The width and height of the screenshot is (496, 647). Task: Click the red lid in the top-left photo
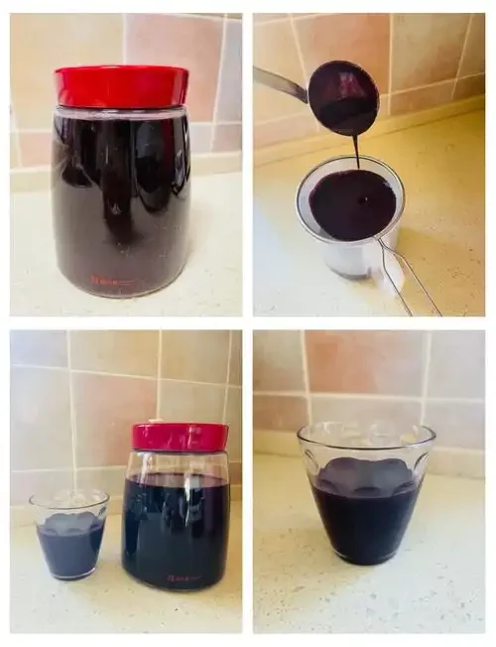click(x=121, y=86)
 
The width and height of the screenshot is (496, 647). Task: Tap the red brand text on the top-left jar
click(x=113, y=281)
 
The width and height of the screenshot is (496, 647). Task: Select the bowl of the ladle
click(x=343, y=97)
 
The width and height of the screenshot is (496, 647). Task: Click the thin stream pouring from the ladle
click(x=355, y=151)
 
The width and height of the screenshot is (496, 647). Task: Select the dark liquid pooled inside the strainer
click(x=351, y=203)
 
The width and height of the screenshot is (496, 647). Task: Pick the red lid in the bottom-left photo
click(x=180, y=437)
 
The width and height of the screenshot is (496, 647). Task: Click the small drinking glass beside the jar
click(x=69, y=536)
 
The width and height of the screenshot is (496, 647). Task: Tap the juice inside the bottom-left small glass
click(x=69, y=546)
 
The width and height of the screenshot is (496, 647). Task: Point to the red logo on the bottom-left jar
click(x=181, y=577)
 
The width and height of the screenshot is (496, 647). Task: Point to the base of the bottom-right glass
click(x=366, y=558)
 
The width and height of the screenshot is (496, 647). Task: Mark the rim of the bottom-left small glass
click(x=69, y=497)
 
